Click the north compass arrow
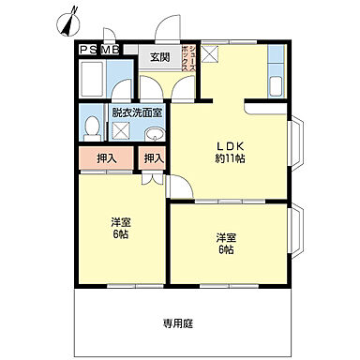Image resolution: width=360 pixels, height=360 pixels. tap(67, 20)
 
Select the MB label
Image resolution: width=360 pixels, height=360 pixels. tap(112, 49)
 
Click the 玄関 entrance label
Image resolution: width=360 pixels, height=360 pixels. tap(159, 57)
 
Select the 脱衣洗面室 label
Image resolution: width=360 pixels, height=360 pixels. tap(137, 112)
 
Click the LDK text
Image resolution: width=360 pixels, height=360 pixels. tap(230, 145)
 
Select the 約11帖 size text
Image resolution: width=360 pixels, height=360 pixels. tap(230, 158)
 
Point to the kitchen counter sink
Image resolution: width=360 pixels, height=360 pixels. tap(277, 84)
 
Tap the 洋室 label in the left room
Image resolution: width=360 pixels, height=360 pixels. tap(120, 221)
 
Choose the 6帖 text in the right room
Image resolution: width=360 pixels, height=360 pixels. tap(225, 249)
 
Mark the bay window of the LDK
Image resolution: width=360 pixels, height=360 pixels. tap(296, 151)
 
